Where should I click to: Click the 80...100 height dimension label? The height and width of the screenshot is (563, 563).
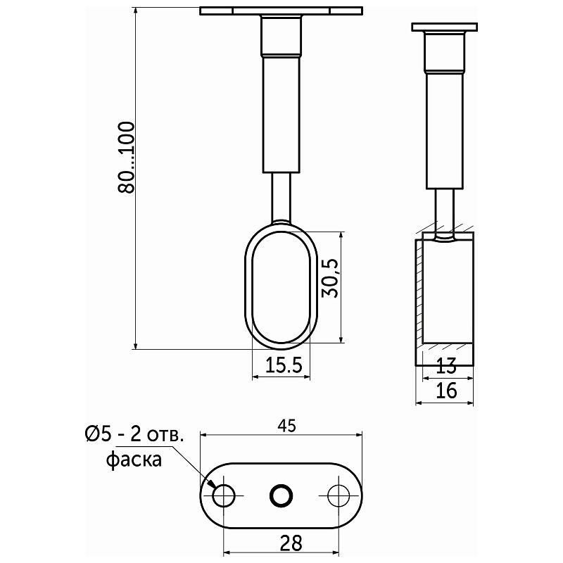point(126,157)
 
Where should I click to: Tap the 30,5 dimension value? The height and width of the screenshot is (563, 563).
point(330,277)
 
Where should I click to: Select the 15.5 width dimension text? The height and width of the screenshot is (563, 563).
point(284,365)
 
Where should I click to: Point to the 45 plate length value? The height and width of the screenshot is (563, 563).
point(287,426)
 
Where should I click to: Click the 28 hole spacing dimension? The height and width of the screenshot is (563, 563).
point(291,543)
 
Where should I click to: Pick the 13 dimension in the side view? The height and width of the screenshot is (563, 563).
point(446,366)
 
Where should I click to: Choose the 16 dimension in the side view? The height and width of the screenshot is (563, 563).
point(446,391)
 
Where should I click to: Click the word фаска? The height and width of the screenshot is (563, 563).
point(134,460)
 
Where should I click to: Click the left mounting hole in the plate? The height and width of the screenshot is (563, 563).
point(223,496)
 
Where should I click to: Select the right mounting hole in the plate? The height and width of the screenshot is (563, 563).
point(339,496)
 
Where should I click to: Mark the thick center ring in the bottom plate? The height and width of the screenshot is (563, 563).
point(281,496)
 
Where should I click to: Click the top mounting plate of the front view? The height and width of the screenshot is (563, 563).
point(281,11)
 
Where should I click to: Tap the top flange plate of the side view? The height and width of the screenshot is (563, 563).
point(445,27)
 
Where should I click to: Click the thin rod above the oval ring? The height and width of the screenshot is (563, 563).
point(281,198)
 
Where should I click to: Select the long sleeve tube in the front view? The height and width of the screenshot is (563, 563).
point(281,115)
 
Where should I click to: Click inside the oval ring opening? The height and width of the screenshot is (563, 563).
point(281,286)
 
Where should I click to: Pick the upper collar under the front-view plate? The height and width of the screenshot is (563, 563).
point(281,36)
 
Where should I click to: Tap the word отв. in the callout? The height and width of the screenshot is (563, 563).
point(165,436)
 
